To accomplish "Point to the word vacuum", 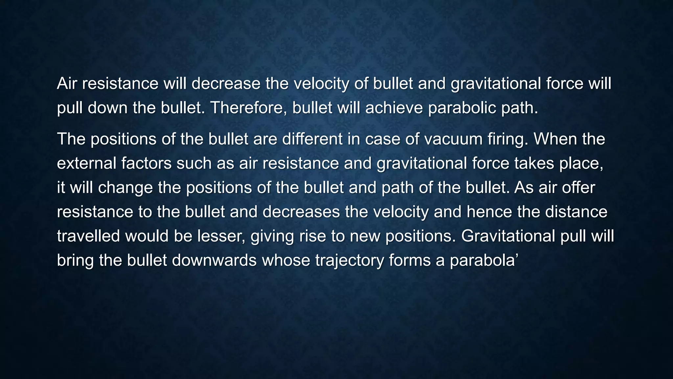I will (451, 139).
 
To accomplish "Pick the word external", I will (86, 163).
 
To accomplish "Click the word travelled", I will (88, 236).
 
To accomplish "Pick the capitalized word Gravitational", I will (508, 236).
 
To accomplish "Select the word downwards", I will (214, 260).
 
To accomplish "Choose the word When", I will (555, 139).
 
